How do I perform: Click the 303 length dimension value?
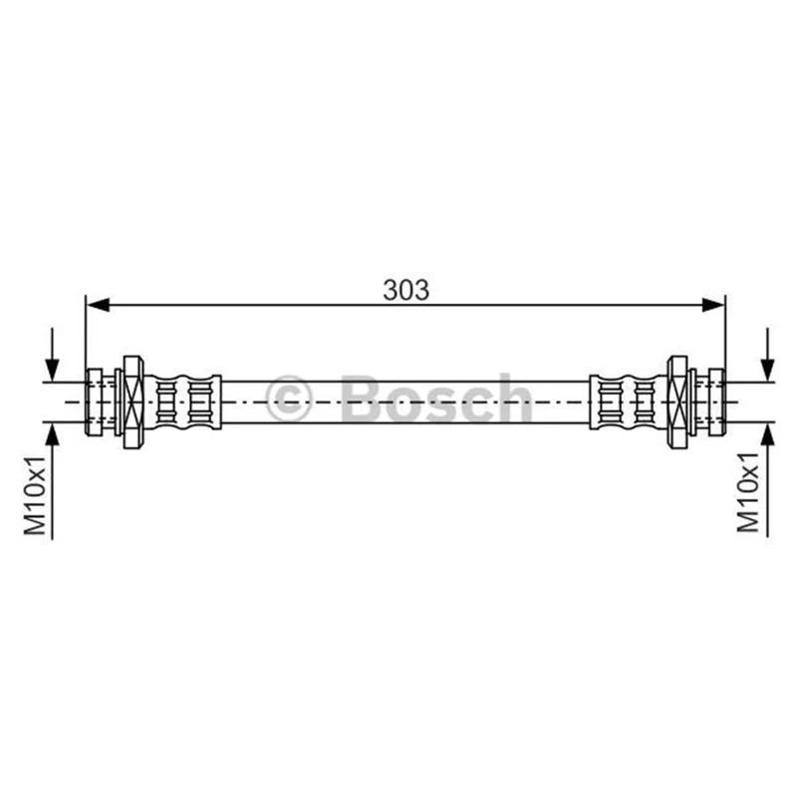405,290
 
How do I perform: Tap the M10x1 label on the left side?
35,495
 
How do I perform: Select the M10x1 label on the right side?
748,492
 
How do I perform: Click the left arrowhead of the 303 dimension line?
98,305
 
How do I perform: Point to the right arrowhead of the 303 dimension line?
712,305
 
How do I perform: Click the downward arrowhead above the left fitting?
52,370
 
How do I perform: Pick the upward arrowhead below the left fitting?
52,433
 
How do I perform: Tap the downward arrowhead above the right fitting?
767,370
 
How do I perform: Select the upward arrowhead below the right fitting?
767,433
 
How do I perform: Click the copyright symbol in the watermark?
288,399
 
